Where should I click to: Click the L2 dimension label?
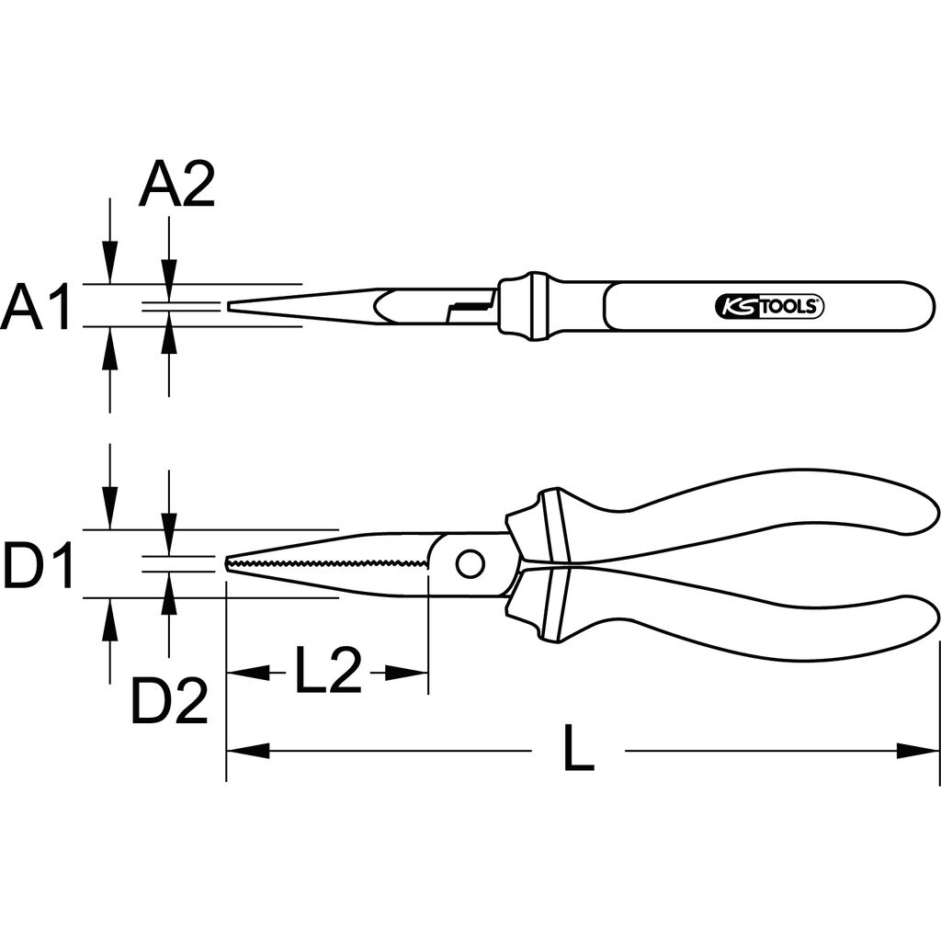coord(328,671)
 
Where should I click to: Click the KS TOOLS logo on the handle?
coord(769,307)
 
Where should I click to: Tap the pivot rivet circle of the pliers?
coord(470,563)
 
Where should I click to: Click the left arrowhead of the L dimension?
coord(247,750)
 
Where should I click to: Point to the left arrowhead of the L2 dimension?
coord(247,673)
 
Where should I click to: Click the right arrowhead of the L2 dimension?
coord(406,673)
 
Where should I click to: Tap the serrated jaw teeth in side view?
coord(327,563)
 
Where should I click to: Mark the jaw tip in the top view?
coord(229,307)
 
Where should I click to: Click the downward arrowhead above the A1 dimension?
coord(109,262)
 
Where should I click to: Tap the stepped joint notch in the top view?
coord(471,307)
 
